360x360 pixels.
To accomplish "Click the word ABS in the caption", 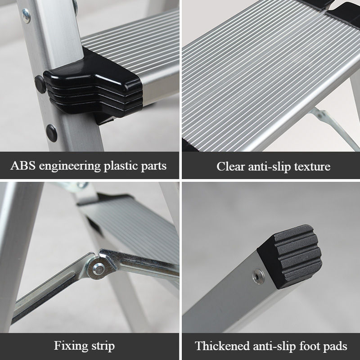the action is click(x=23, y=165).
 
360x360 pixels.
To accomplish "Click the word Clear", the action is click(x=230, y=166).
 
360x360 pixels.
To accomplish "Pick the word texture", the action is click(x=312, y=166).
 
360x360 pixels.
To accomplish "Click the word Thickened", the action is click(x=222, y=346).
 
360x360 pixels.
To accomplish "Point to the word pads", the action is click(x=335, y=346).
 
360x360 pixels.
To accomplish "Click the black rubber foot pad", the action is click(x=290, y=256).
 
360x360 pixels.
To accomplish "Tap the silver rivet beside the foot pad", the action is click(x=258, y=277).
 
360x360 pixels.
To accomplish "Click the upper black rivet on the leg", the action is click(x=40, y=84).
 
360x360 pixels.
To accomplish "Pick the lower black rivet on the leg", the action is click(x=51, y=133).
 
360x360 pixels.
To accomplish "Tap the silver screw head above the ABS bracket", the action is click(x=26, y=16).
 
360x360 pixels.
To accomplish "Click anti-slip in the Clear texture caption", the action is click(x=269, y=166).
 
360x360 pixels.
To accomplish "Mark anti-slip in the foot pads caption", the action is click(x=274, y=346).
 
